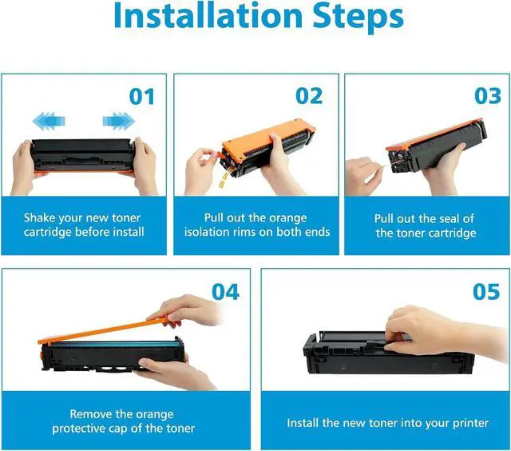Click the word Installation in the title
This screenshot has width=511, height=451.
(x=208, y=15)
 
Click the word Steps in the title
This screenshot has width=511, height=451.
(x=358, y=17)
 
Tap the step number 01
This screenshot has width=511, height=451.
(x=142, y=97)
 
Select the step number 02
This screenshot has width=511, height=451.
(x=309, y=96)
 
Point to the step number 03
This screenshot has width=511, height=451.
(x=488, y=96)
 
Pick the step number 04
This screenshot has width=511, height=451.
(x=225, y=292)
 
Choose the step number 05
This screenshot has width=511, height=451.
(x=486, y=292)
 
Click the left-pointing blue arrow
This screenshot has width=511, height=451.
(x=49, y=122)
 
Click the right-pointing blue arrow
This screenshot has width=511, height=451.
(x=119, y=122)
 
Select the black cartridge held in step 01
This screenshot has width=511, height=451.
(x=83, y=155)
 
